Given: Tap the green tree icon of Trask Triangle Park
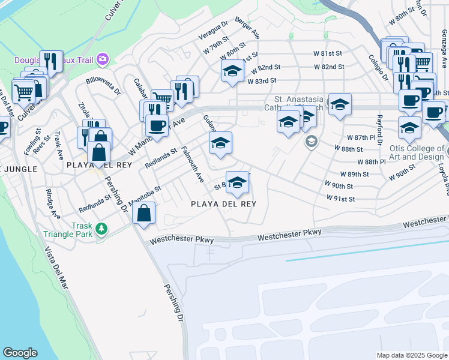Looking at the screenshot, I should [102, 229].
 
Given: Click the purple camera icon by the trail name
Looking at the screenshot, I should [103, 58].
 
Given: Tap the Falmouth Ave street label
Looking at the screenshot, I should [193, 164].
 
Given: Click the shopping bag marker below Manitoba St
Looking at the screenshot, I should [144, 213].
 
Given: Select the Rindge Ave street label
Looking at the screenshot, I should [53, 204].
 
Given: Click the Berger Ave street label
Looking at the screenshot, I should [247, 28].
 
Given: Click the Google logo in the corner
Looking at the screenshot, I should [20, 353].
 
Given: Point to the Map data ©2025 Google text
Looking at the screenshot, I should [412, 355].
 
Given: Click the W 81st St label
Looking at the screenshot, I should [327, 53].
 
